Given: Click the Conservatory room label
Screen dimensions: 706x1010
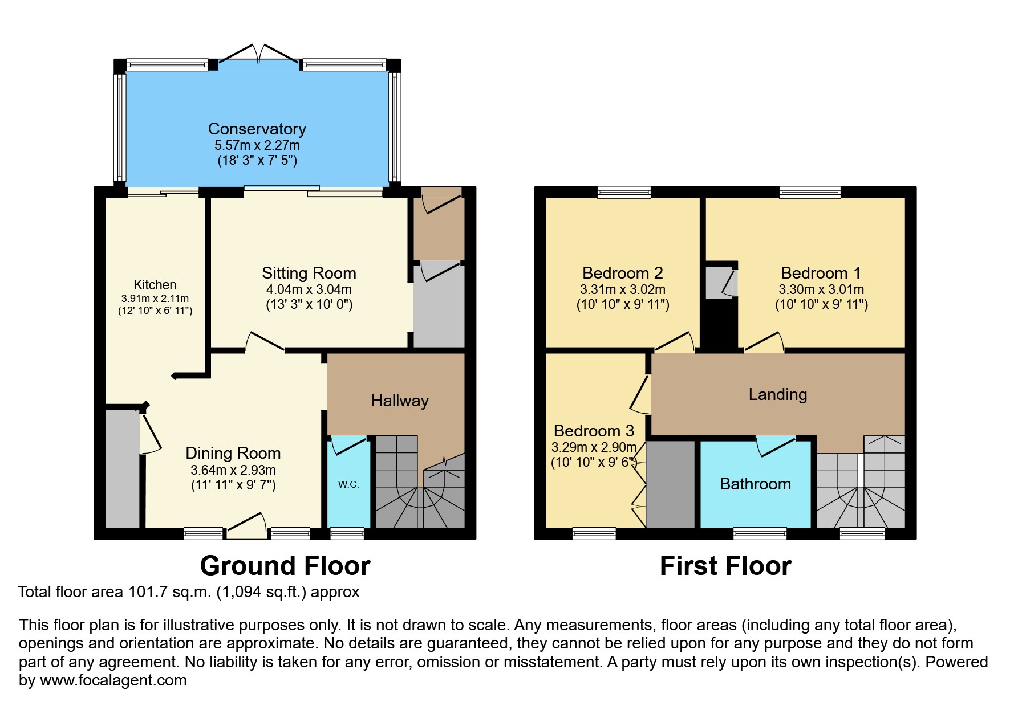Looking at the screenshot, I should (x=257, y=129).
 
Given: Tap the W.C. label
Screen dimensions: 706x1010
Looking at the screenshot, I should (x=348, y=484).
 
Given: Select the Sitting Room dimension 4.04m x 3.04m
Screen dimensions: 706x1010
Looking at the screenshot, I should (x=309, y=289).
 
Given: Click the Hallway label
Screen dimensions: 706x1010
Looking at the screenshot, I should (x=399, y=401).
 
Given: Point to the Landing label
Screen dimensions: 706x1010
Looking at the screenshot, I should (x=777, y=394).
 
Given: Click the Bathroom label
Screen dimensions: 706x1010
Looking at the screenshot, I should (x=755, y=484).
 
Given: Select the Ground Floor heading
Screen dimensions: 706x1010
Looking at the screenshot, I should (x=285, y=566).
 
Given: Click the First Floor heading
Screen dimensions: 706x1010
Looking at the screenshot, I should (x=725, y=566).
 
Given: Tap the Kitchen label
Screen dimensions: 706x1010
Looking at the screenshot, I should (x=155, y=285).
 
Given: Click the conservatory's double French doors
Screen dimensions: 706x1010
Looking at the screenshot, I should (x=258, y=54).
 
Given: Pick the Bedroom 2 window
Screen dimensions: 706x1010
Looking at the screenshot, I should (x=624, y=193).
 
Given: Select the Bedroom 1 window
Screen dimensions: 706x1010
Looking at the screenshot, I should (x=810, y=193).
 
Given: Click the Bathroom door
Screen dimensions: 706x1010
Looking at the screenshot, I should (x=776, y=446).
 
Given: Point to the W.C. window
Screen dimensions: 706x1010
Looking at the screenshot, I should (x=347, y=534).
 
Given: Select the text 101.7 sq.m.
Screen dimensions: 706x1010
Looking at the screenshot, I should (x=170, y=592).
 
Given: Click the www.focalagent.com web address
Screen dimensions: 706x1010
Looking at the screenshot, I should (x=113, y=680).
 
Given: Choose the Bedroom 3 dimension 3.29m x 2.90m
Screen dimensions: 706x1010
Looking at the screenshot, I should (x=594, y=447).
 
